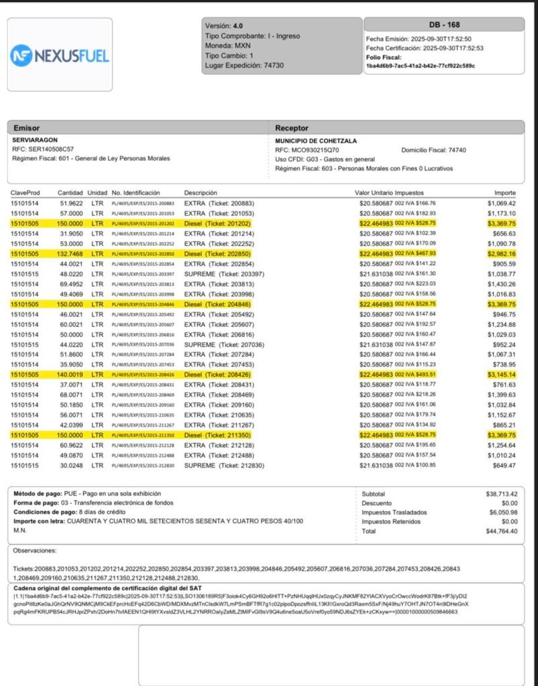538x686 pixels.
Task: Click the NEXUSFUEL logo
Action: (x=60, y=55)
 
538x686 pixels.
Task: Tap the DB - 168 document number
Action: (x=444, y=25)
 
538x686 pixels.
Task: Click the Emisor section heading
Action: (x=26, y=128)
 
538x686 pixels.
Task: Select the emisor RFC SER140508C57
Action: (x=43, y=149)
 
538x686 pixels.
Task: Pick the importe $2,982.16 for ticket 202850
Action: (x=501, y=254)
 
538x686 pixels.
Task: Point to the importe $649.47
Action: (x=504, y=466)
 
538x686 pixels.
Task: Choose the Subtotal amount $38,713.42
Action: (x=501, y=494)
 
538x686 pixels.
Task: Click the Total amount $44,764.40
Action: (x=501, y=531)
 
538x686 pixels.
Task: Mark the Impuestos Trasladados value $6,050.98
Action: (x=502, y=512)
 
